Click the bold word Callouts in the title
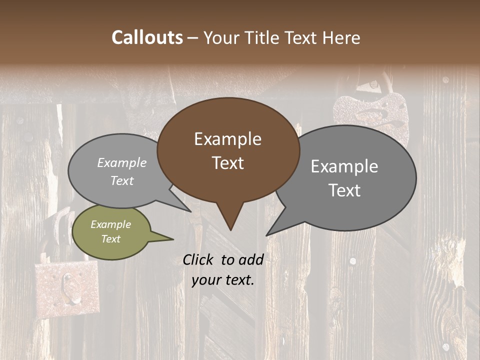point(147,37)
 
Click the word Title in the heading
point(263,37)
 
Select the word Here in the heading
point(341,37)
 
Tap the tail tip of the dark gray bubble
point(267,234)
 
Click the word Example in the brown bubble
point(228,139)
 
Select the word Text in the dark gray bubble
point(344,190)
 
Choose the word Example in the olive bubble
point(111,224)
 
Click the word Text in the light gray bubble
point(122,180)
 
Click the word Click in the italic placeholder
point(198,259)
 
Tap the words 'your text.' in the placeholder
point(223,280)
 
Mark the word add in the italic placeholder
point(250,259)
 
